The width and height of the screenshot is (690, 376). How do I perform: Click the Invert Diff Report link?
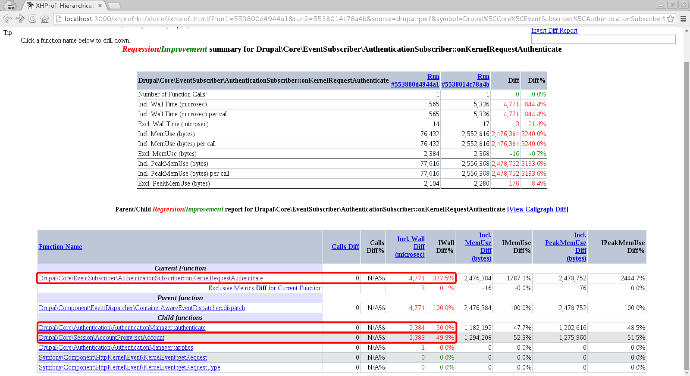click(x=554, y=31)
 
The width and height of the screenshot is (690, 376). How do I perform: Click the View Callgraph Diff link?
click(x=537, y=209)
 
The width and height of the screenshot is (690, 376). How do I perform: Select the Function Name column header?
click(x=60, y=247)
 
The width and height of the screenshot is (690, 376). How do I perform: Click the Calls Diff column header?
click(x=345, y=247)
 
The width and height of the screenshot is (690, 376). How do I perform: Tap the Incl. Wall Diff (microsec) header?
click(x=411, y=247)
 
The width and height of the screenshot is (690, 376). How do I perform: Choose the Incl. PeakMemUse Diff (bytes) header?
click(x=566, y=247)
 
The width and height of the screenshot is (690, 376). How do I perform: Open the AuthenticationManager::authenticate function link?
click(x=122, y=328)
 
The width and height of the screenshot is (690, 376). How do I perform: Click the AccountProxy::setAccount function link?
click(x=101, y=338)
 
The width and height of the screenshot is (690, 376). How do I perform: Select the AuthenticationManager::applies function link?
click(x=116, y=348)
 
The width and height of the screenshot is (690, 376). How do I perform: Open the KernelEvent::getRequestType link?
click(x=129, y=367)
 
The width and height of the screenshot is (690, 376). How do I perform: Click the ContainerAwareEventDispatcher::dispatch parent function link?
click(x=141, y=308)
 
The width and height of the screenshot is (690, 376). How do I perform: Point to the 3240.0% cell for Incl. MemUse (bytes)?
click(x=533, y=134)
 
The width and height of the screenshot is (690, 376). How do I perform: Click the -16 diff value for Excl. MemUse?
click(x=514, y=154)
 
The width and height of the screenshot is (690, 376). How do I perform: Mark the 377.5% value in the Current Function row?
click(x=443, y=278)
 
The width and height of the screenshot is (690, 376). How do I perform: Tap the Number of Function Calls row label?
click(x=172, y=94)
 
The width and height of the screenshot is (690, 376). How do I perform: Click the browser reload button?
click(x=32, y=19)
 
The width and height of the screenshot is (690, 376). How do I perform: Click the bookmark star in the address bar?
click(x=670, y=19)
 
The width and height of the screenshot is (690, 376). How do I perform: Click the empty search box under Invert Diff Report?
click(x=603, y=39)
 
